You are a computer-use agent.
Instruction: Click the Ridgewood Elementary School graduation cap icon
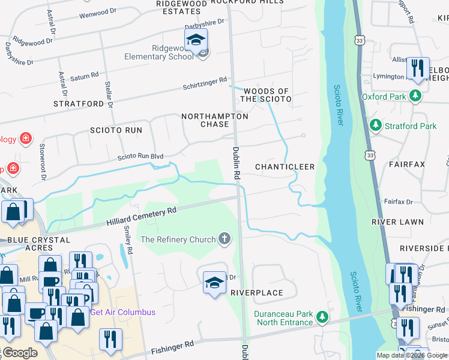(x=196, y=40)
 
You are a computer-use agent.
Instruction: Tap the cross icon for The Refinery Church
(x=224, y=239)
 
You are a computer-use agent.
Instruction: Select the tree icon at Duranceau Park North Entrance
(x=322, y=316)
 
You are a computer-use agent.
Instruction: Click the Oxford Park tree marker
(x=415, y=96)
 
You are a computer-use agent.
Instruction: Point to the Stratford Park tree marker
(x=376, y=126)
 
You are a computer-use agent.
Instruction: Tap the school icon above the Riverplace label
(x=214, y=283)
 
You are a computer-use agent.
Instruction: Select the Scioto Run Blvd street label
(x=140, y=157)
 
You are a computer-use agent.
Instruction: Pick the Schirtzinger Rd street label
(x=205, y=83)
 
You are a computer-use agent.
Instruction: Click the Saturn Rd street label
(x=85, y=77)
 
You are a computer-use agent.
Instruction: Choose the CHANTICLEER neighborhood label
(x=285, y=166)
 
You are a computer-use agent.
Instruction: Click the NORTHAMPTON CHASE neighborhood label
(x=214, y=120)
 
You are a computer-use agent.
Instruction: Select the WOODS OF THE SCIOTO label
(x=266, y=95)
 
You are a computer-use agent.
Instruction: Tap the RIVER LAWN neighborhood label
(x=397, y=222)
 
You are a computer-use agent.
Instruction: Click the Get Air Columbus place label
(x=122, y=312)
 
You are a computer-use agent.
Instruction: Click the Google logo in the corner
(x=19, y=353)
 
